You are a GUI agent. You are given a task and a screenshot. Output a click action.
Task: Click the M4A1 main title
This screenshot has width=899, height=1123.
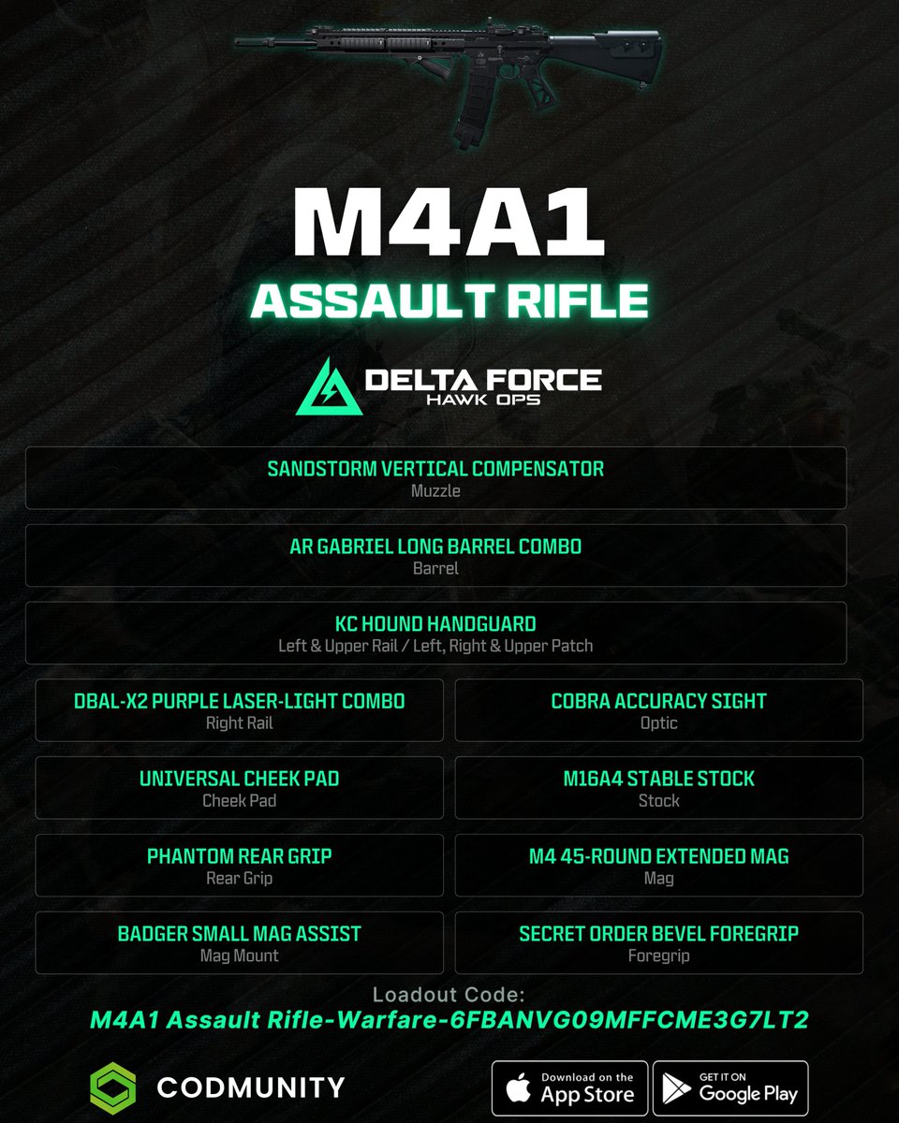click(443, 225)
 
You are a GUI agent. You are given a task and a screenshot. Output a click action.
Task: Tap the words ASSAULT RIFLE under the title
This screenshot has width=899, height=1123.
click(449, 300)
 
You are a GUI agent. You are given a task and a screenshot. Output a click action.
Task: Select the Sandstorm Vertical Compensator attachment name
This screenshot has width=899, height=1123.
click(435, 468)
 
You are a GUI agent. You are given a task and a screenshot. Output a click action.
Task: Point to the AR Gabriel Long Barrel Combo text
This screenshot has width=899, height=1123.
click(435, 546)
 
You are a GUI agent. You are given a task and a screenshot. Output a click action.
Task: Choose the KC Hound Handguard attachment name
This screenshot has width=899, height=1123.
click(435, 623)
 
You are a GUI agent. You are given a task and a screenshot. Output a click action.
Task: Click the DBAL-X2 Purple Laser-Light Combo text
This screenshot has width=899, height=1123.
click(239, 701)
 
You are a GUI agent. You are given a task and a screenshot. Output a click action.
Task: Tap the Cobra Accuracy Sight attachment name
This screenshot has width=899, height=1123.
click(658, 701)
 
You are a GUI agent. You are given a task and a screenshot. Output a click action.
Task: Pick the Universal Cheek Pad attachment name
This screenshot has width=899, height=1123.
click(239, 779)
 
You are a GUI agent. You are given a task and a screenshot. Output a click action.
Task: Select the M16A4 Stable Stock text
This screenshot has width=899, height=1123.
click(658, 779)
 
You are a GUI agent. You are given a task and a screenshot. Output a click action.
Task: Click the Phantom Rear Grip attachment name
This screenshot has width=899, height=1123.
click(239, 856)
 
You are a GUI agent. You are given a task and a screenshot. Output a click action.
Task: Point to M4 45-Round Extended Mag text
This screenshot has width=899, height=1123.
click(658, 856)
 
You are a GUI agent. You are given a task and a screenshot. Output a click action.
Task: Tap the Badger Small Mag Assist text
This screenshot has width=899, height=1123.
click(239, 934)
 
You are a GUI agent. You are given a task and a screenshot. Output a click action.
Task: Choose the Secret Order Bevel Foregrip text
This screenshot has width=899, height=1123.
click(658, 934)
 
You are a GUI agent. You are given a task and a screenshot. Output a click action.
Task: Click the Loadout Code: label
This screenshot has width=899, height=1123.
click(449, 994)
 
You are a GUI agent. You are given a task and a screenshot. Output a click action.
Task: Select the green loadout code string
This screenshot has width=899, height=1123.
click(449, 1020)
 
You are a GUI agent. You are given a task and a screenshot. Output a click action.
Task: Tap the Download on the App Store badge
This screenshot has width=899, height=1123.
click(569, 1087)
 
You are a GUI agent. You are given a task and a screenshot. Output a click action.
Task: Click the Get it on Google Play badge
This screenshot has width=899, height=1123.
click(730, 1087)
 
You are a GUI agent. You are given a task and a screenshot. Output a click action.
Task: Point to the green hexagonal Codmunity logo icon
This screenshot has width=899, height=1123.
click(112, 1087)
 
